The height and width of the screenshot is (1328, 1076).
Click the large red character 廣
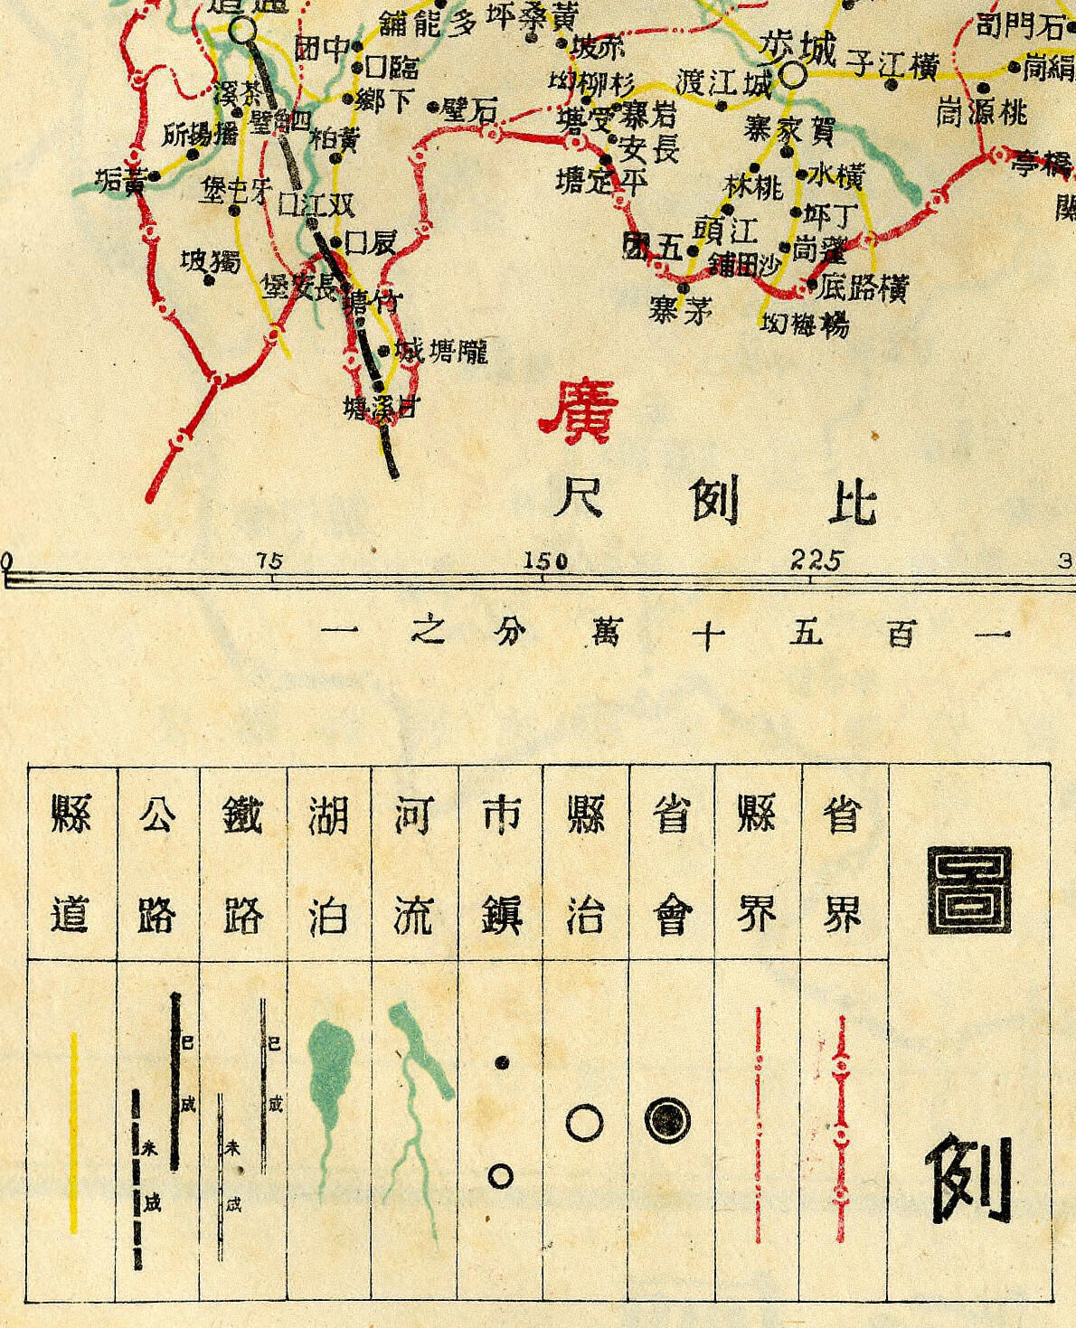(x=579, y=407)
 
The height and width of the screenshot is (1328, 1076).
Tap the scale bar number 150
(x=546, y=561)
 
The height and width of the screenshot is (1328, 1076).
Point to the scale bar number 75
(x=269, y=561)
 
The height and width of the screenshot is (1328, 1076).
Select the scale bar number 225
(x=816, y=560)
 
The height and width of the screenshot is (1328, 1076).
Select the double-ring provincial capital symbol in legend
(x=667, y=1121)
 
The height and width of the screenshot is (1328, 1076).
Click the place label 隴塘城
(x=443, y=351)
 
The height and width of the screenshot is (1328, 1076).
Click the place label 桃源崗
(x=982, y=113)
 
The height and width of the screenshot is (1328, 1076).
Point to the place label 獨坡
(x=210, y=262)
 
